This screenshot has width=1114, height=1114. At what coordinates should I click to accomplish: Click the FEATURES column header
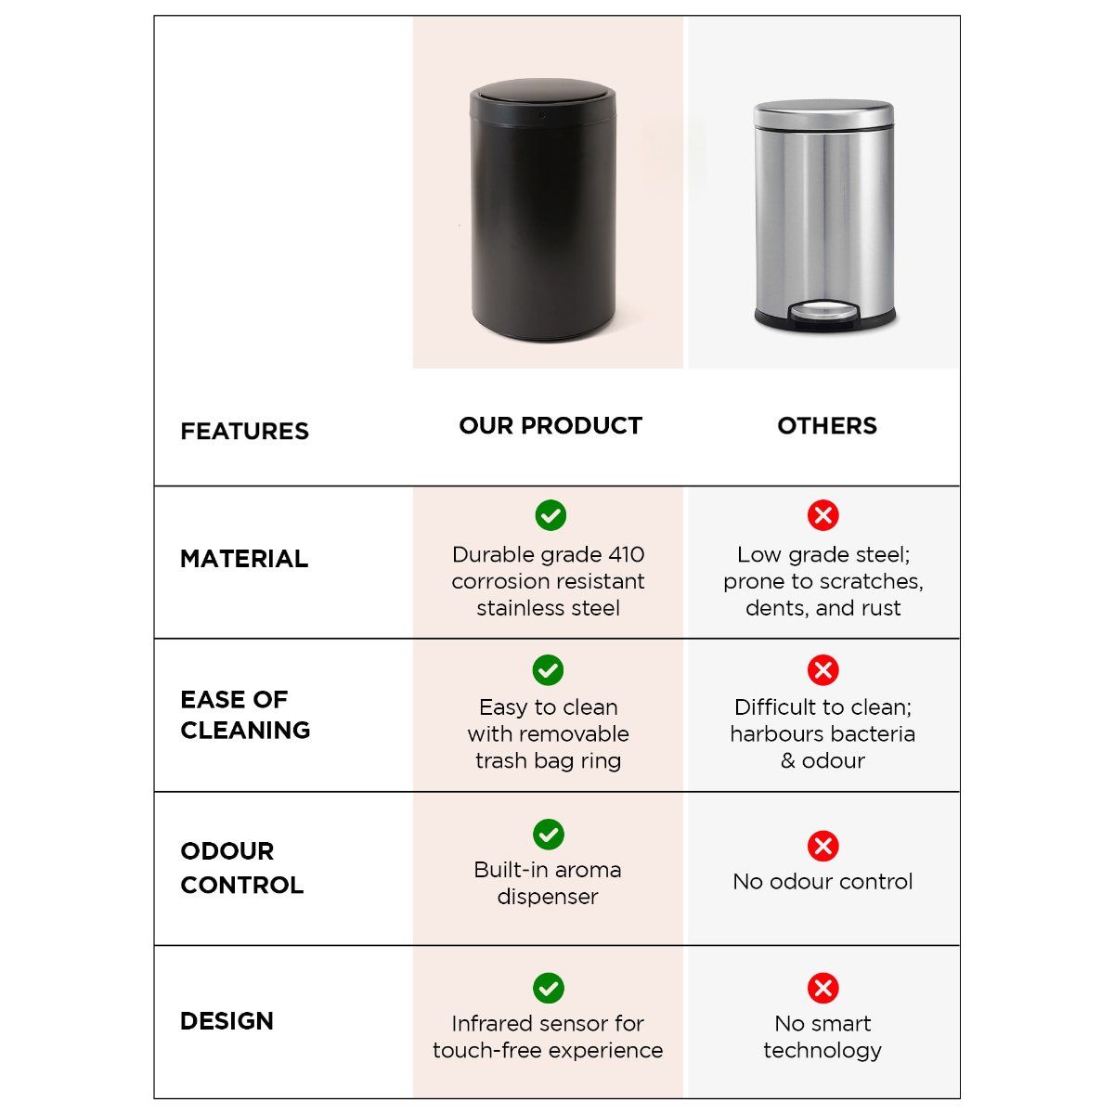(244, 431)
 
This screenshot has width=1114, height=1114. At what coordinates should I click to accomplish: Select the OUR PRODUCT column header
(550, 425)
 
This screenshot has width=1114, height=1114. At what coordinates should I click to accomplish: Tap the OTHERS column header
(826, 425)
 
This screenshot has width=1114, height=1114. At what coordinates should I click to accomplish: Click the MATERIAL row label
(243, 559)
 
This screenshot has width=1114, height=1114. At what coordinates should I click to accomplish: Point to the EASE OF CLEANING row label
(245, 714)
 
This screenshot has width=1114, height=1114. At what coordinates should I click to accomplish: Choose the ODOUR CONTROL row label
(241, 868)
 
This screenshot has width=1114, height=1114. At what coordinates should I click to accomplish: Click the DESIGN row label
(227, 1021)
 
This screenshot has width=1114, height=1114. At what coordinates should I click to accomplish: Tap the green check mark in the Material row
(550, 515)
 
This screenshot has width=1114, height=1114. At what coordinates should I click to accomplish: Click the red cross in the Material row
(823, 515)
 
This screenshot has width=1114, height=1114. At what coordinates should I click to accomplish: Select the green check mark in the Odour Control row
(549, 834)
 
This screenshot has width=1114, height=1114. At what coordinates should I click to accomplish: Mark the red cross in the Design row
(823, 988)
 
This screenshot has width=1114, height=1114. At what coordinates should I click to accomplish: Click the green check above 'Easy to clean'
(549, 669)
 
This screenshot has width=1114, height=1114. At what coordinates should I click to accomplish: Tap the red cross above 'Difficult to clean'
(823, 669)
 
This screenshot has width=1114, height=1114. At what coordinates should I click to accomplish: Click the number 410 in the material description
(627, 554)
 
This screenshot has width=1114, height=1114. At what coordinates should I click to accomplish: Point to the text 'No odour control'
(823, 881)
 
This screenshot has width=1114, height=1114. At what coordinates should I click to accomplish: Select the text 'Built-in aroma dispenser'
(548, 883)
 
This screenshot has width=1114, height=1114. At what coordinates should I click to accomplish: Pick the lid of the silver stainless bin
(823, 112)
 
